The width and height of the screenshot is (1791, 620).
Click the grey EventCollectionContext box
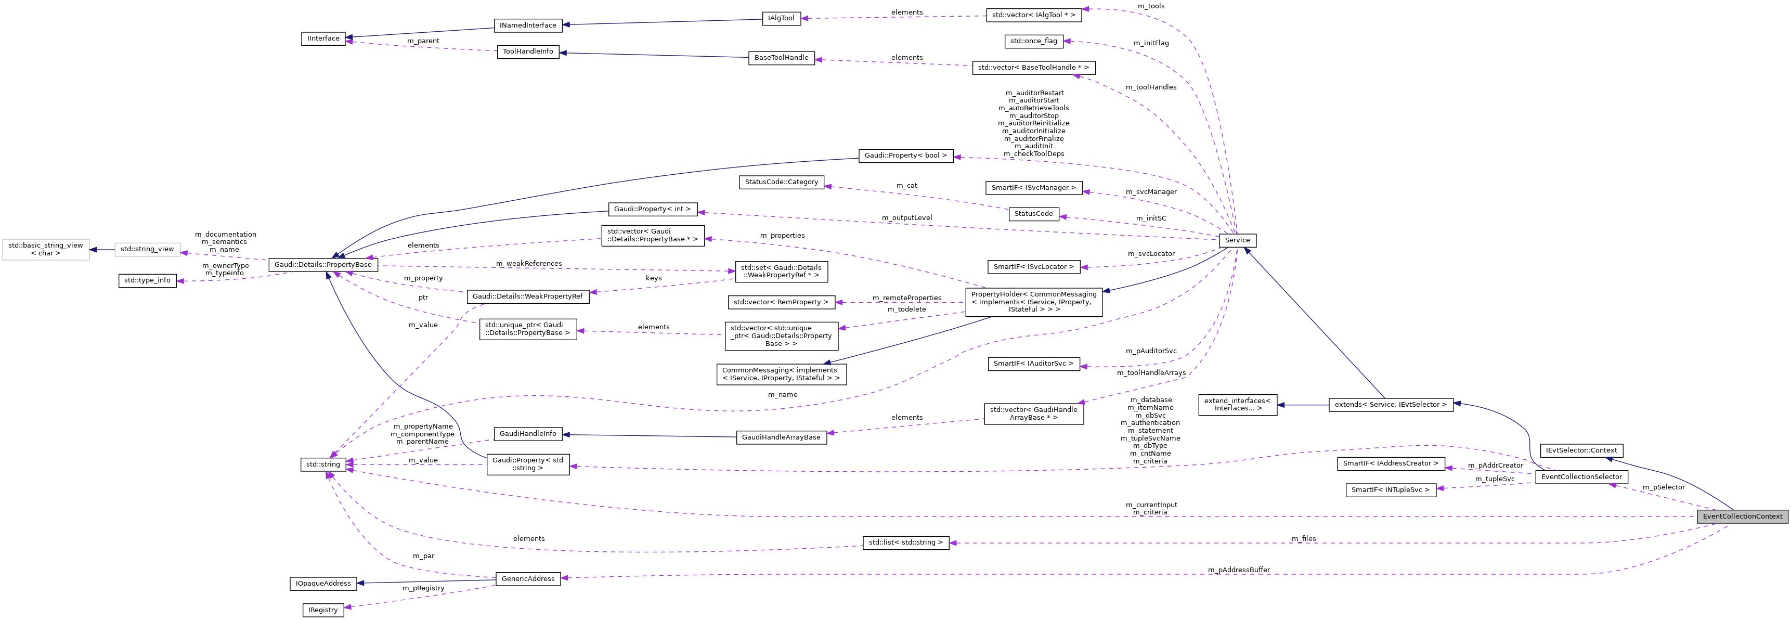click(1742, 516)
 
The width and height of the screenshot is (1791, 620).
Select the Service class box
click(1237, 240)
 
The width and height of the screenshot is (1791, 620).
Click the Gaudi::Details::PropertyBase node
click(323, 265)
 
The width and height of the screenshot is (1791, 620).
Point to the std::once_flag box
click(1033, 41)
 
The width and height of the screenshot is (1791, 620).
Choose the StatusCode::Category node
click(782, 182)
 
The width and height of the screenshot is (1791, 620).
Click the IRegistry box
click(323, 610)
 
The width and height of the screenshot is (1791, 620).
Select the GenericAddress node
click(528, 579)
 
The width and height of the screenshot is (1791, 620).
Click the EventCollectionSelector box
click(1581, 477)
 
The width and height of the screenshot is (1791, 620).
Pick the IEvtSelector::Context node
click(1580, 450)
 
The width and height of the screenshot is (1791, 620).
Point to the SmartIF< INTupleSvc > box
click(1390, 490)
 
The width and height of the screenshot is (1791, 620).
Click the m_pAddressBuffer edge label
click(1238, 570)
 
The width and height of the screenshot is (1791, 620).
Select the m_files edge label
click(1304, 539)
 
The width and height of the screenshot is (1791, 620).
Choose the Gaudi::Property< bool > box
click(905, 156)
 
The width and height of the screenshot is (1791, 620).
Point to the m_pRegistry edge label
click(423, 589)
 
